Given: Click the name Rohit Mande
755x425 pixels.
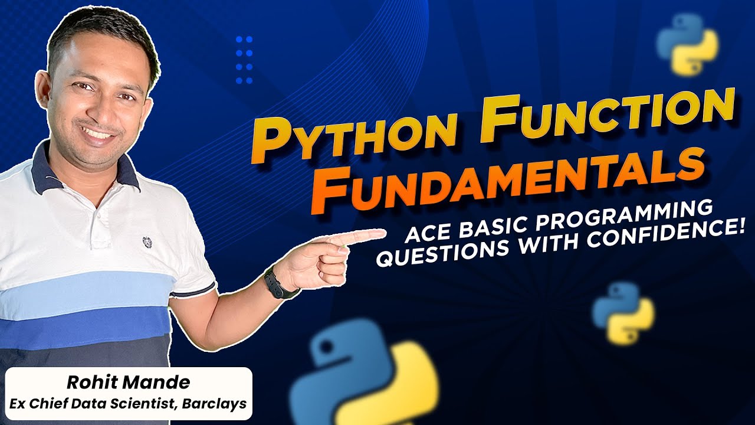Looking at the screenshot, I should (128, 382).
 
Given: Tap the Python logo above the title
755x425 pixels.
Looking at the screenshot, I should (687, 45).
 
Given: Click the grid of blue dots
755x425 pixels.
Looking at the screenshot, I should (244, 60).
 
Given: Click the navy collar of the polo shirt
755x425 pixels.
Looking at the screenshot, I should (44, 171).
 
